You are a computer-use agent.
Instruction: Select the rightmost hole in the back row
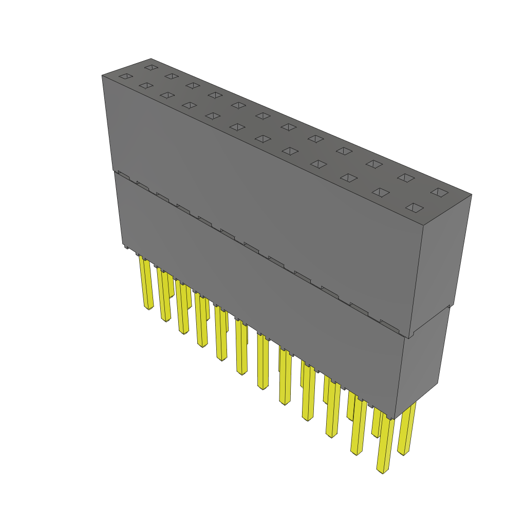(440, 192)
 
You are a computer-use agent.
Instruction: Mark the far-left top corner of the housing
(102, 76)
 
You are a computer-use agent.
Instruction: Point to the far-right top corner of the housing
(472, 195)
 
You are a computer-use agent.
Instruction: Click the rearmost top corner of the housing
(151, 59)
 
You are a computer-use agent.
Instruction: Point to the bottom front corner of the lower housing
(394, 419)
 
